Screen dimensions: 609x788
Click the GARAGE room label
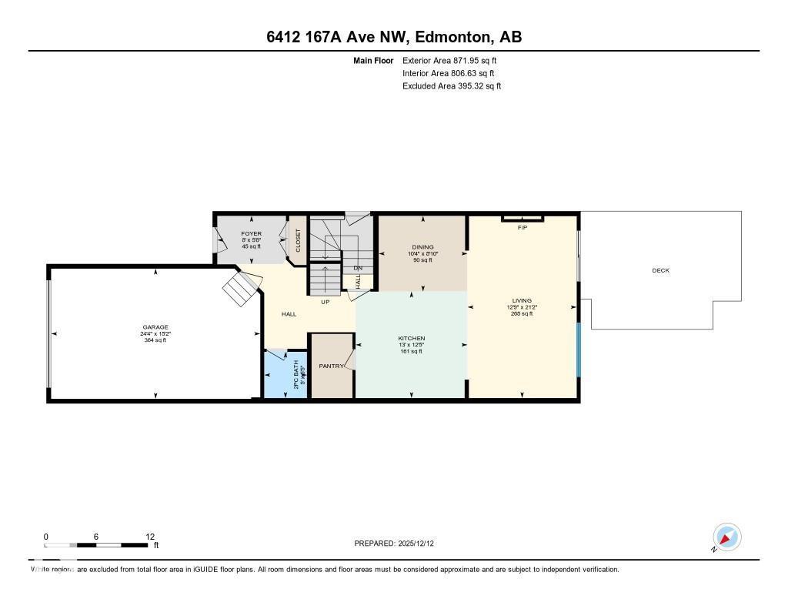pyautogui.click(x=155, y=327)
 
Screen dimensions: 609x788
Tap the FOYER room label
pyautogui.click(x=251, y=233)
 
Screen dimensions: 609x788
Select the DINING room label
pyautogui.click(x=422, y=247)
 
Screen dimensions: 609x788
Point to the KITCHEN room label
pyautogui.click(x=411, y=339)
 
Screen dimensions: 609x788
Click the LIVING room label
pyautogui.click(x=522, y=300)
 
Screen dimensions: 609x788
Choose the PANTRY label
pyautogui.click(x=332, y=366)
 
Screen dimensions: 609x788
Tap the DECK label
pyautogui.click(x=660, y=270)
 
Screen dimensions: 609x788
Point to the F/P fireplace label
pyautogui.click(x=522, y=228)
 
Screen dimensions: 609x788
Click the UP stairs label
pyautogui.click(x=326, y=302)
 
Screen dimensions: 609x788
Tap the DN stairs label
pyautogui.click(x=357, y=269)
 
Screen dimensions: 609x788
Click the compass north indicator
pyautogui.click(x=726, y=537)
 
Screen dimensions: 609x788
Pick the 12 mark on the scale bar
pyautogui.click(x=150, y=537)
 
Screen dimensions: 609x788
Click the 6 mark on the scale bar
pyautogui.click(x=97, y=537)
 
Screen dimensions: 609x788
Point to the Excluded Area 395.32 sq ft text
pyautogui.click(x=452, y=86)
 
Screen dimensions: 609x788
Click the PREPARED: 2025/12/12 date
pyautogui.click(x=399, y=544)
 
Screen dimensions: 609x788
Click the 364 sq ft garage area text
pyautogui.click(x=155, y=340)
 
